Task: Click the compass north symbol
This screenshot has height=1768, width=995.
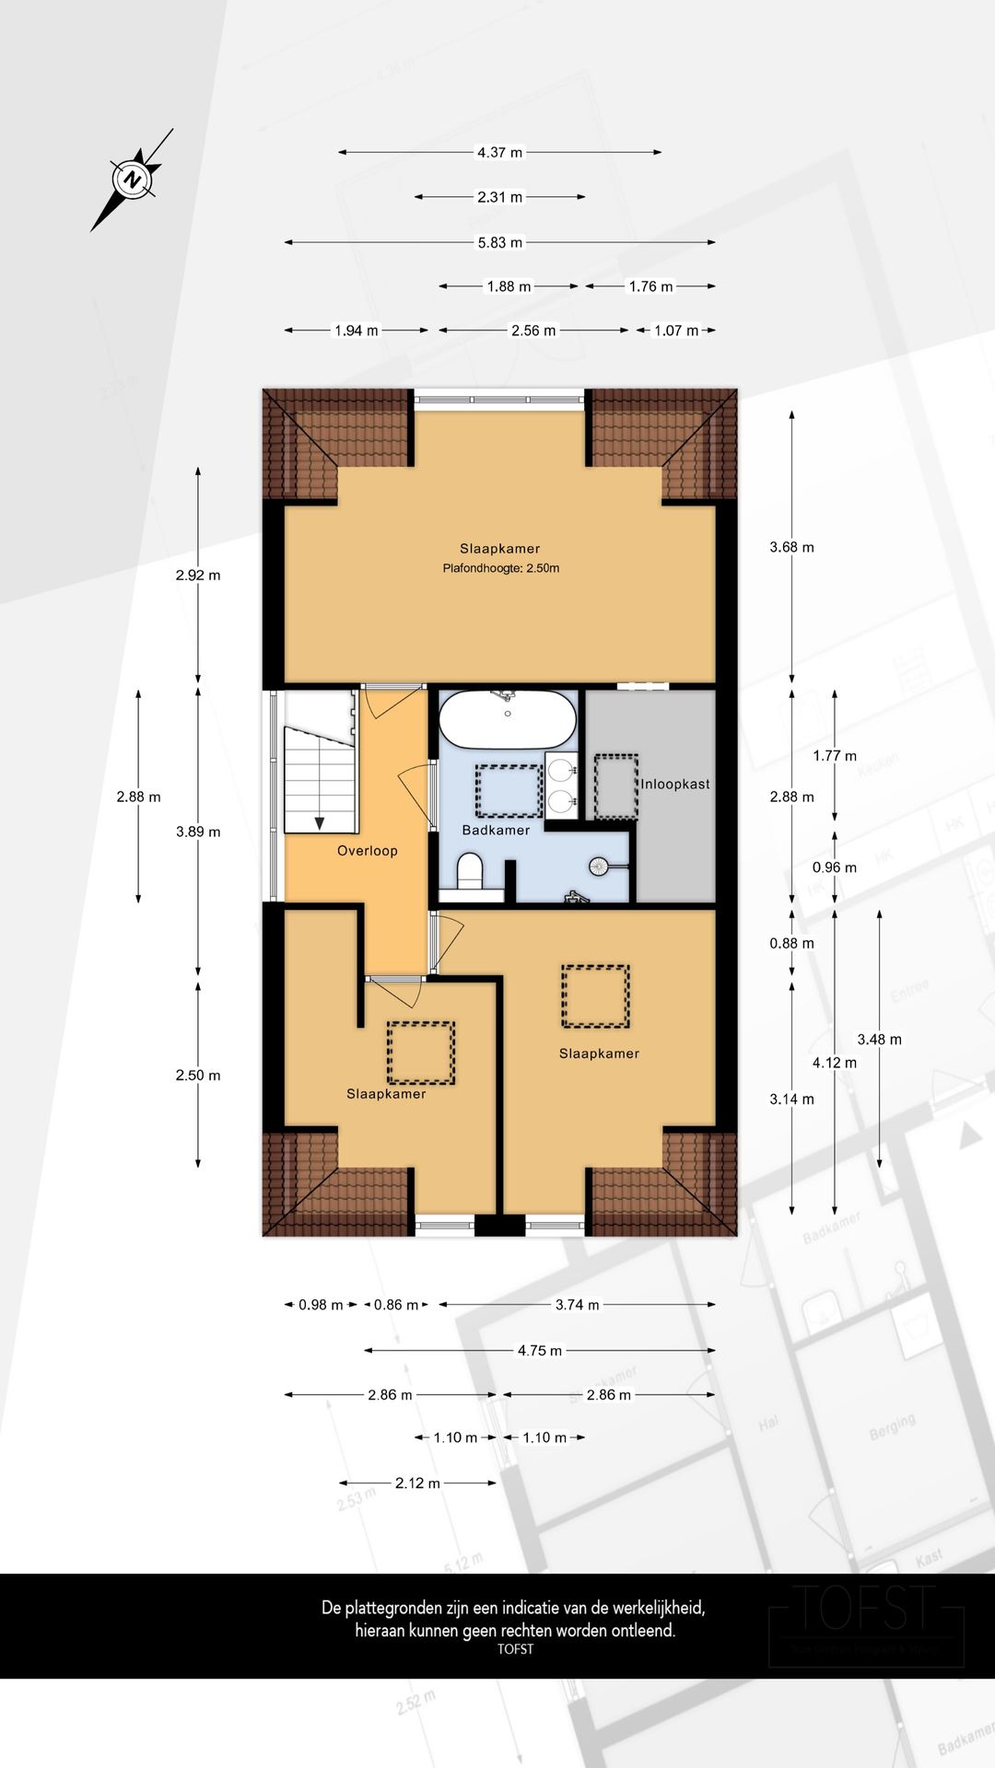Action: pyautogui.click(x=134, y=179)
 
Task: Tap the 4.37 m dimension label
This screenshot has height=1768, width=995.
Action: pyautogui.click(x=499, y=153)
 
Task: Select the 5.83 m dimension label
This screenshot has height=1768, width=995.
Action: pyautogui.click(x=499, y=243)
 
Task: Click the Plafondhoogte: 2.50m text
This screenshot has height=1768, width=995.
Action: pyautogui.click(x=500, y=568)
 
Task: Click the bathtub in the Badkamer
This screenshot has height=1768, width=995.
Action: pyautogui.click(x=508, y=720)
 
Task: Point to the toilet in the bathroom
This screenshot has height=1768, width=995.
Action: pyautogui.click(x=470, y=870)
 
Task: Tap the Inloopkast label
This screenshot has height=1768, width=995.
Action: pyautogui.click(x=675, y=785)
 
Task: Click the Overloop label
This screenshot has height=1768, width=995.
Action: pyautogui.click(x=368, y=851)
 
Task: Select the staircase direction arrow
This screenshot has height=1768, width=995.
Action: pyautogui.click(x=319, y=821)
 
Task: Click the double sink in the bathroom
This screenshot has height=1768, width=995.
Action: pyautogui.click(x=561, y=785)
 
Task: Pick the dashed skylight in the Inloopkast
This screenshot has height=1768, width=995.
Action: pyautogui.click(x=615, y=786)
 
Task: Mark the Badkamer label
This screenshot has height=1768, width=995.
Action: pyautogui.click(x=496, y=831)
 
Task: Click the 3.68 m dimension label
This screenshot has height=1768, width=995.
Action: pyautogui.click(x=791, y=548)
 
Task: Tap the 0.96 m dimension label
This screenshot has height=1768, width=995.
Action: pyautogui.click(x=834, y=867)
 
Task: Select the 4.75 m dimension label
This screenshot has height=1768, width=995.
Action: pyautogui.click(x=539, y=1351)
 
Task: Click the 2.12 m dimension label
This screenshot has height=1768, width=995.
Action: pyautogui.click(x=417, y=1483)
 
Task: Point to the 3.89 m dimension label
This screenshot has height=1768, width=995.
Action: pyautogui.click(x=198, y=832)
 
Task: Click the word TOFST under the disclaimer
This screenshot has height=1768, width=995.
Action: pyautogui.click(x=515, y=1649)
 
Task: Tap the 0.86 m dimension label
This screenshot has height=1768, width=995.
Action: pyautogui.click(x=395, y=1305)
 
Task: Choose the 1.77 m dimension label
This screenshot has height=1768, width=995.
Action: pyautogui.click(x=834, y=756)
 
